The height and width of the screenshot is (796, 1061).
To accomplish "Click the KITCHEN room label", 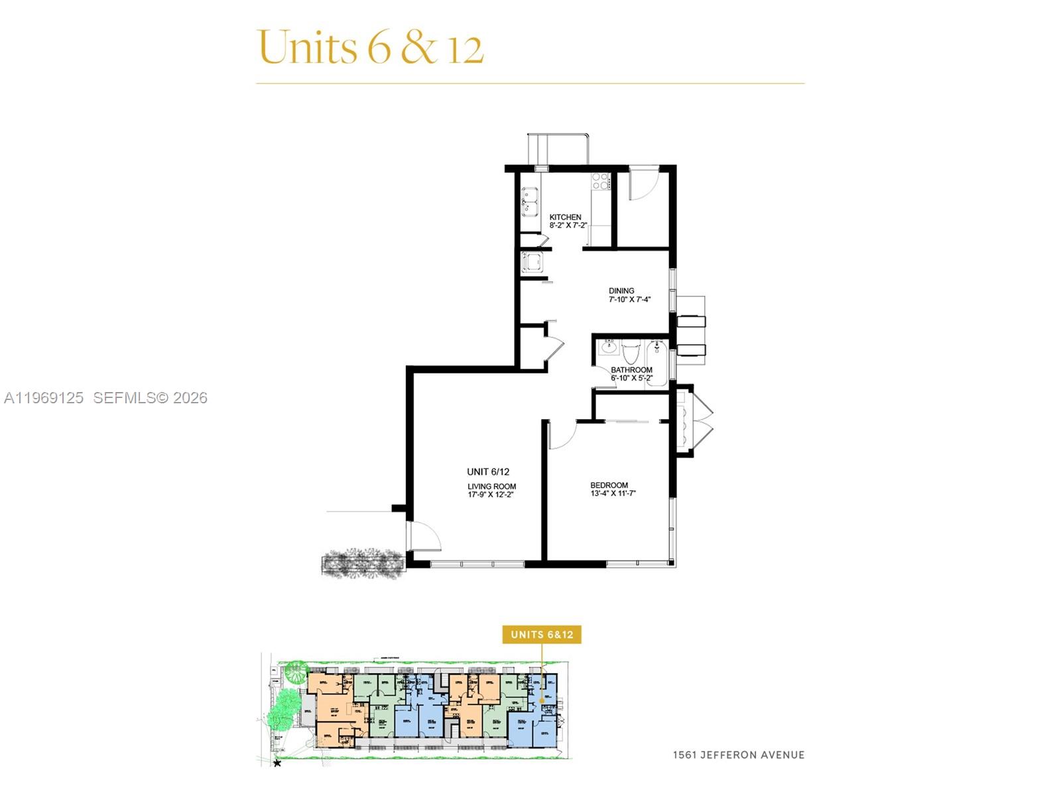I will (565, 217).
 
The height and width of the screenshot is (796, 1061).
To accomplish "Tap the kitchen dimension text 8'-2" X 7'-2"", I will (568, 226).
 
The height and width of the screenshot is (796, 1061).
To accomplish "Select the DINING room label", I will (621, 291).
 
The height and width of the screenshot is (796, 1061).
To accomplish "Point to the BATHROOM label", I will (631, 369).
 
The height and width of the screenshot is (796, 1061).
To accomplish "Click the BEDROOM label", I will (609, 485).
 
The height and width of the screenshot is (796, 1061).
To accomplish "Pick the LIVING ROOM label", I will (491, 486).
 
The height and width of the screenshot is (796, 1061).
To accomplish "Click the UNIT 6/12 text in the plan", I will (488, 472).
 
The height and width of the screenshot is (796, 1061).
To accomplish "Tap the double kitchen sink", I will (529, 202).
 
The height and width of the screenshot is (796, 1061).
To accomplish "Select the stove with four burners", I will (600, 181).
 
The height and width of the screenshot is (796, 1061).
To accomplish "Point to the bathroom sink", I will (608, 347).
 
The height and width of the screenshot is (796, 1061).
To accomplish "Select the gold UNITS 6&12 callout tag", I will (542, 634).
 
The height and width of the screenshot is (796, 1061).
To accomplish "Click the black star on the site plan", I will (277, 763).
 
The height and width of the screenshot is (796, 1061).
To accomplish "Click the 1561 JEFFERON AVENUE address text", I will (738, 754).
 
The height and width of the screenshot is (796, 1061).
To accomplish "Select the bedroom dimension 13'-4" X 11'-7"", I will (613, 494).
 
